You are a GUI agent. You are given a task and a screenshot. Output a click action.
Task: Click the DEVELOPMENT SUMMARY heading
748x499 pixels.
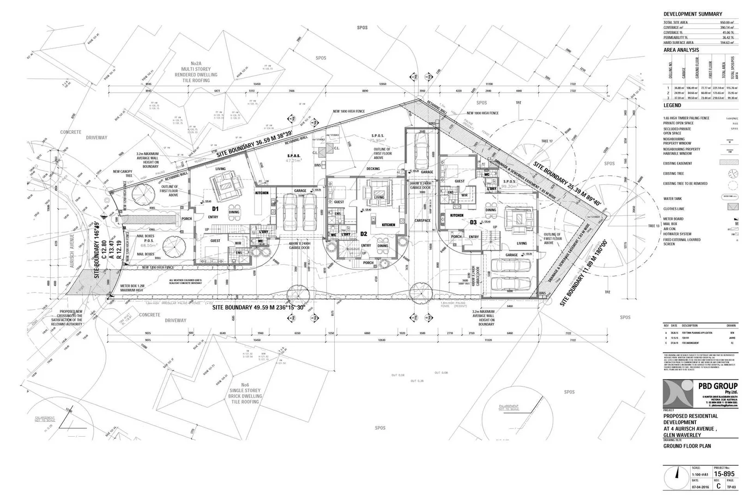point(693,14)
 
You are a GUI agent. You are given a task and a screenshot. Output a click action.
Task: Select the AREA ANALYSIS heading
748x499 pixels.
point(681,50)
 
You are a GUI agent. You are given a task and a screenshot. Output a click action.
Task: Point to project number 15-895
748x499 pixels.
point(724,474)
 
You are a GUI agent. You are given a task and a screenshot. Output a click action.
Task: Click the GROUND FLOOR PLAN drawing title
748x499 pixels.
point(687,446)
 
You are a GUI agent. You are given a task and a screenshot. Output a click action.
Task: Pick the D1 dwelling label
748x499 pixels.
point(215,209)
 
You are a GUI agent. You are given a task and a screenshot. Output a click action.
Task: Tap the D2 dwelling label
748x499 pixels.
point(363,234)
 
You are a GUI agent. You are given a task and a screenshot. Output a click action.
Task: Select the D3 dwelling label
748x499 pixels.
point(473,222)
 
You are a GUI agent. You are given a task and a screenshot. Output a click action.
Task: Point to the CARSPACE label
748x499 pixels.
point(422,220)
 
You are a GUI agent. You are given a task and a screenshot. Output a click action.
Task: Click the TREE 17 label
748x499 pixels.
point(547,141)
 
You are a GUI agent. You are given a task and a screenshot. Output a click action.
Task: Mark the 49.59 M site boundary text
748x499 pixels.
point(259,307)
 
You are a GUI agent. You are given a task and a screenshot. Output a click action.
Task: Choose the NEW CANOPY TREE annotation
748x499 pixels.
point(122,174)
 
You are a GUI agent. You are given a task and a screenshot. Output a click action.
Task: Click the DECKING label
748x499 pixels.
point(373,169)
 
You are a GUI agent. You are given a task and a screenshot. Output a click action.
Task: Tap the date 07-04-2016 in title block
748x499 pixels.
point(700,487)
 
